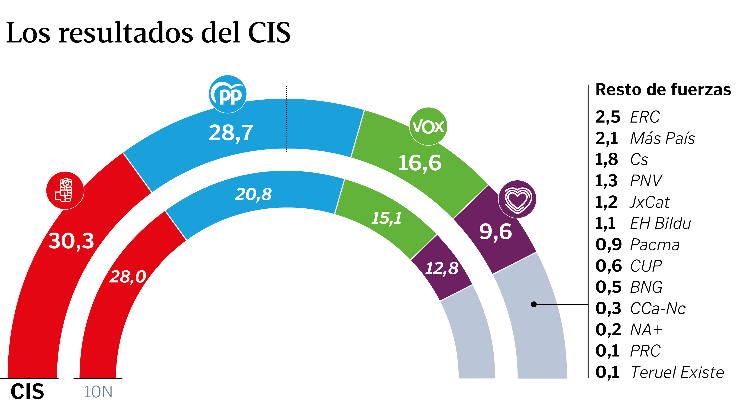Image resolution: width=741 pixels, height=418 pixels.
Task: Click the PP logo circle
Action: (227, 94)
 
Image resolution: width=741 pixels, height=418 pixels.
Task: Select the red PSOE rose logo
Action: (65, 191)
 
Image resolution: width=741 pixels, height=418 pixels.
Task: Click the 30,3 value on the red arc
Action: (71, 241)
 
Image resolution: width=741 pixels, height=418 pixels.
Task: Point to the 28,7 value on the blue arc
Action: (231, 133)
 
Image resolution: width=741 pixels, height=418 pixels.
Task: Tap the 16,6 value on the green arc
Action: (420, 163)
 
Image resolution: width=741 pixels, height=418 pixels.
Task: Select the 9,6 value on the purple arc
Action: (495, 232)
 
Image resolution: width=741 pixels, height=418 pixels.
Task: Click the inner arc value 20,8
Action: (253, 194)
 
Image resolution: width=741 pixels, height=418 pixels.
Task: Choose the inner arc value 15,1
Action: (386, 218)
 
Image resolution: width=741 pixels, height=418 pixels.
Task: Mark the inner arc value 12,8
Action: (442, 268)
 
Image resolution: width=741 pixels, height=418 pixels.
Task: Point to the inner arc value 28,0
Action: (128, 277)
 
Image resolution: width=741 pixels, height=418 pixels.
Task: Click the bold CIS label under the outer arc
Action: (27, 392)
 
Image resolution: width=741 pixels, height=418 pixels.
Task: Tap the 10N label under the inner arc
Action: (98, 392)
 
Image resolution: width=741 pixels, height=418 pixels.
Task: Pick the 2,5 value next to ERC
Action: (608, 117)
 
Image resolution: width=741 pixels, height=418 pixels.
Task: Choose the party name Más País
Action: (662, 138)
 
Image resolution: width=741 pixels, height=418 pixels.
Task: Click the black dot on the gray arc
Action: (534, 304)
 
